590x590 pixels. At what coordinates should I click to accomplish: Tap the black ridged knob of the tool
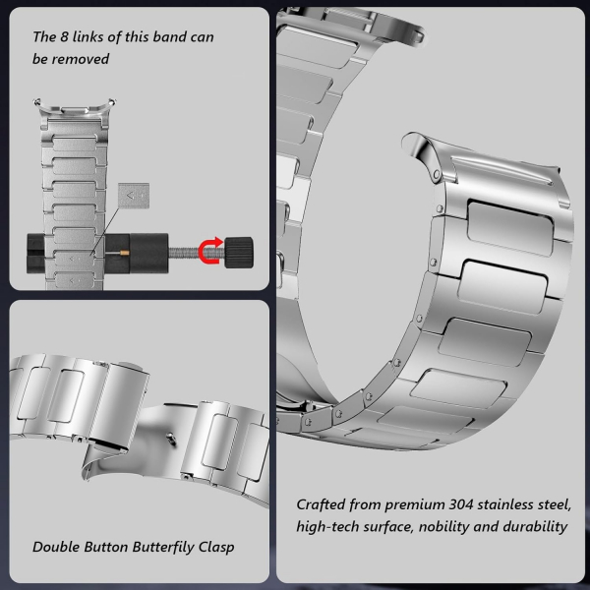click(239, 253)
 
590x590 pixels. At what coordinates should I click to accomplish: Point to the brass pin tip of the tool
click(125, 253)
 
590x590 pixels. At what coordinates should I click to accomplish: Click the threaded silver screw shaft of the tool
click(186, 252)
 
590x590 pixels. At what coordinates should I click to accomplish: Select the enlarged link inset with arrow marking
click(134, 196)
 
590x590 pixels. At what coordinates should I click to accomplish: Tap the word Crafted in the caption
click(321, 504)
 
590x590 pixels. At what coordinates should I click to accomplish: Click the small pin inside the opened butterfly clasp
click(171, 439)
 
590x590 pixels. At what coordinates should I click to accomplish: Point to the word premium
click(415, 505)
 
